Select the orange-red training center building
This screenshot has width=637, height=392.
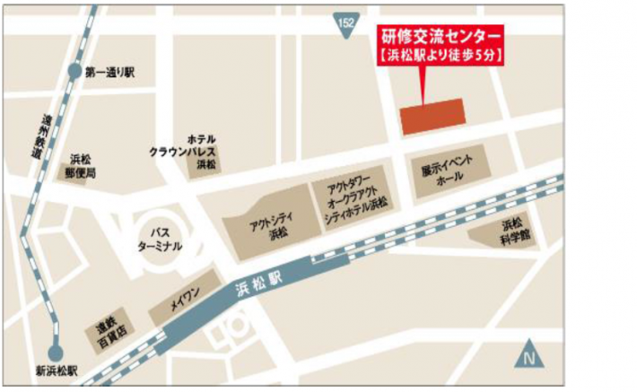(x=431, y=117)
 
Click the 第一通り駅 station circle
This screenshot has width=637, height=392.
(x=74, y=71)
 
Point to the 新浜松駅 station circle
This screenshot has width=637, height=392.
(x=56, y=353)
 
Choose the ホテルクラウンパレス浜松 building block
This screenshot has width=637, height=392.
(x=206, y=162)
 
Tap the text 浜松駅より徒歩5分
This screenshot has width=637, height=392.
(x=438, y=56)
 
